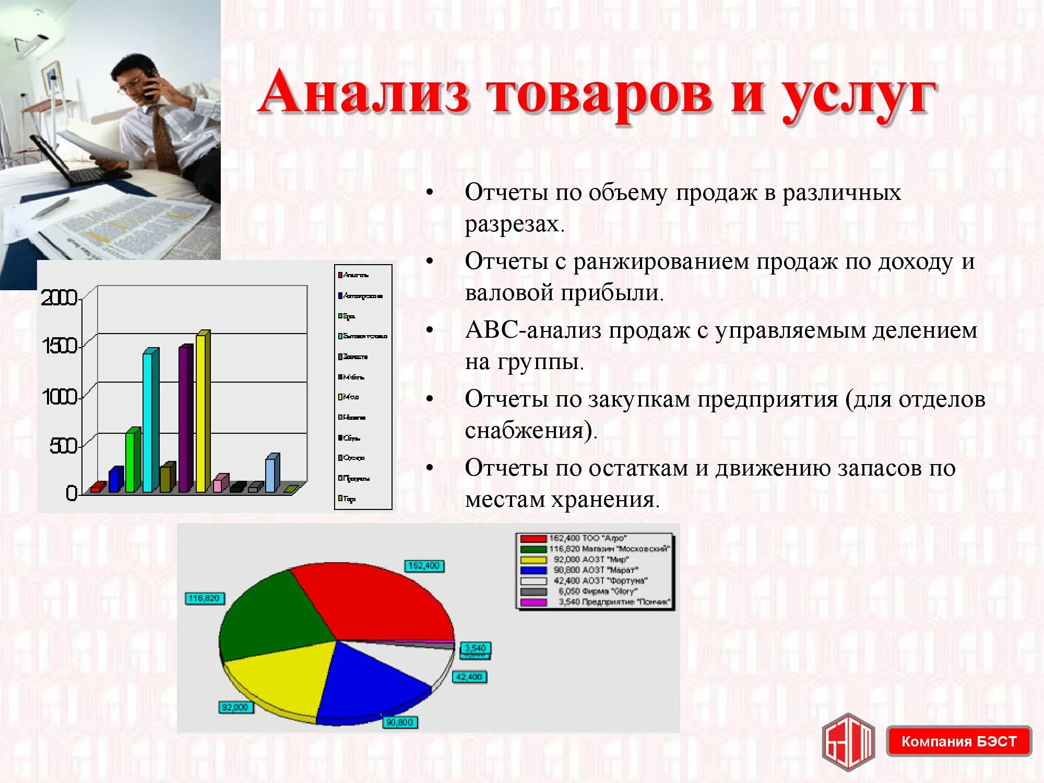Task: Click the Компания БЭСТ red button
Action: click(x=958, y=741)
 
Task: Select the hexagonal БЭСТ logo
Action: click(x=849, y=741)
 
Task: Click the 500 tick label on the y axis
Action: click(x=63, y=446)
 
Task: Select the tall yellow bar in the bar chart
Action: click(x=201, y=412)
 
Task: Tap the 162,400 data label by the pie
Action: click(x=424, y=566)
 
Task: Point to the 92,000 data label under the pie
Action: click(x=235, y=707)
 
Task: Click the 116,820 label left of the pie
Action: click(x=205, y=598)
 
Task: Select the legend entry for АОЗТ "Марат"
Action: click(x=595, y=570)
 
